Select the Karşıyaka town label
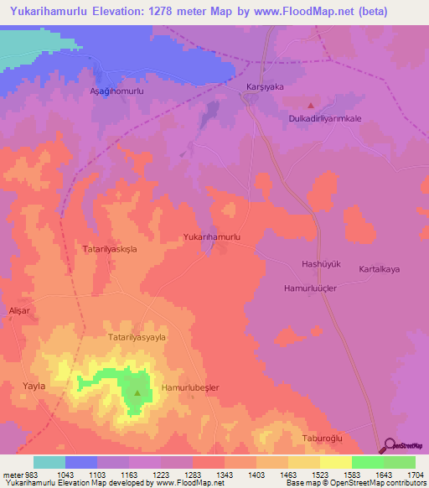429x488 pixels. [x=265, y=86]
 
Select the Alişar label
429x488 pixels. [x=18, y=309]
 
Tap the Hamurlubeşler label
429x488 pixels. [x=190, y=387]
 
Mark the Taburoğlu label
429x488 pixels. [x=323, y=439]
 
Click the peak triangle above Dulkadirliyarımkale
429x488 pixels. [x=311, y=106]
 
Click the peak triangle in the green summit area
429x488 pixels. [x=137, y=392]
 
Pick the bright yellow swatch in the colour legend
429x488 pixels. [x=335, y=462]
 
